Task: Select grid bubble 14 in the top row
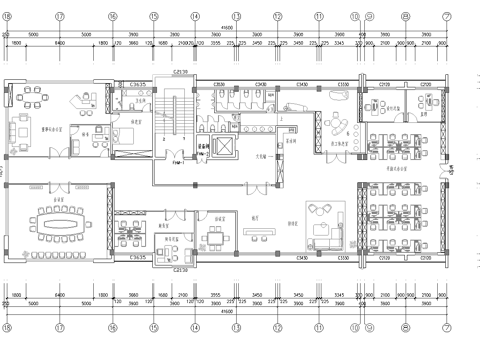[195, 16]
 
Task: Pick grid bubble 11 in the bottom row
[318, 327]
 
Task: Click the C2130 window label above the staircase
[181, 72]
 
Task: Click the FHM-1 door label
[177, 161]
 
